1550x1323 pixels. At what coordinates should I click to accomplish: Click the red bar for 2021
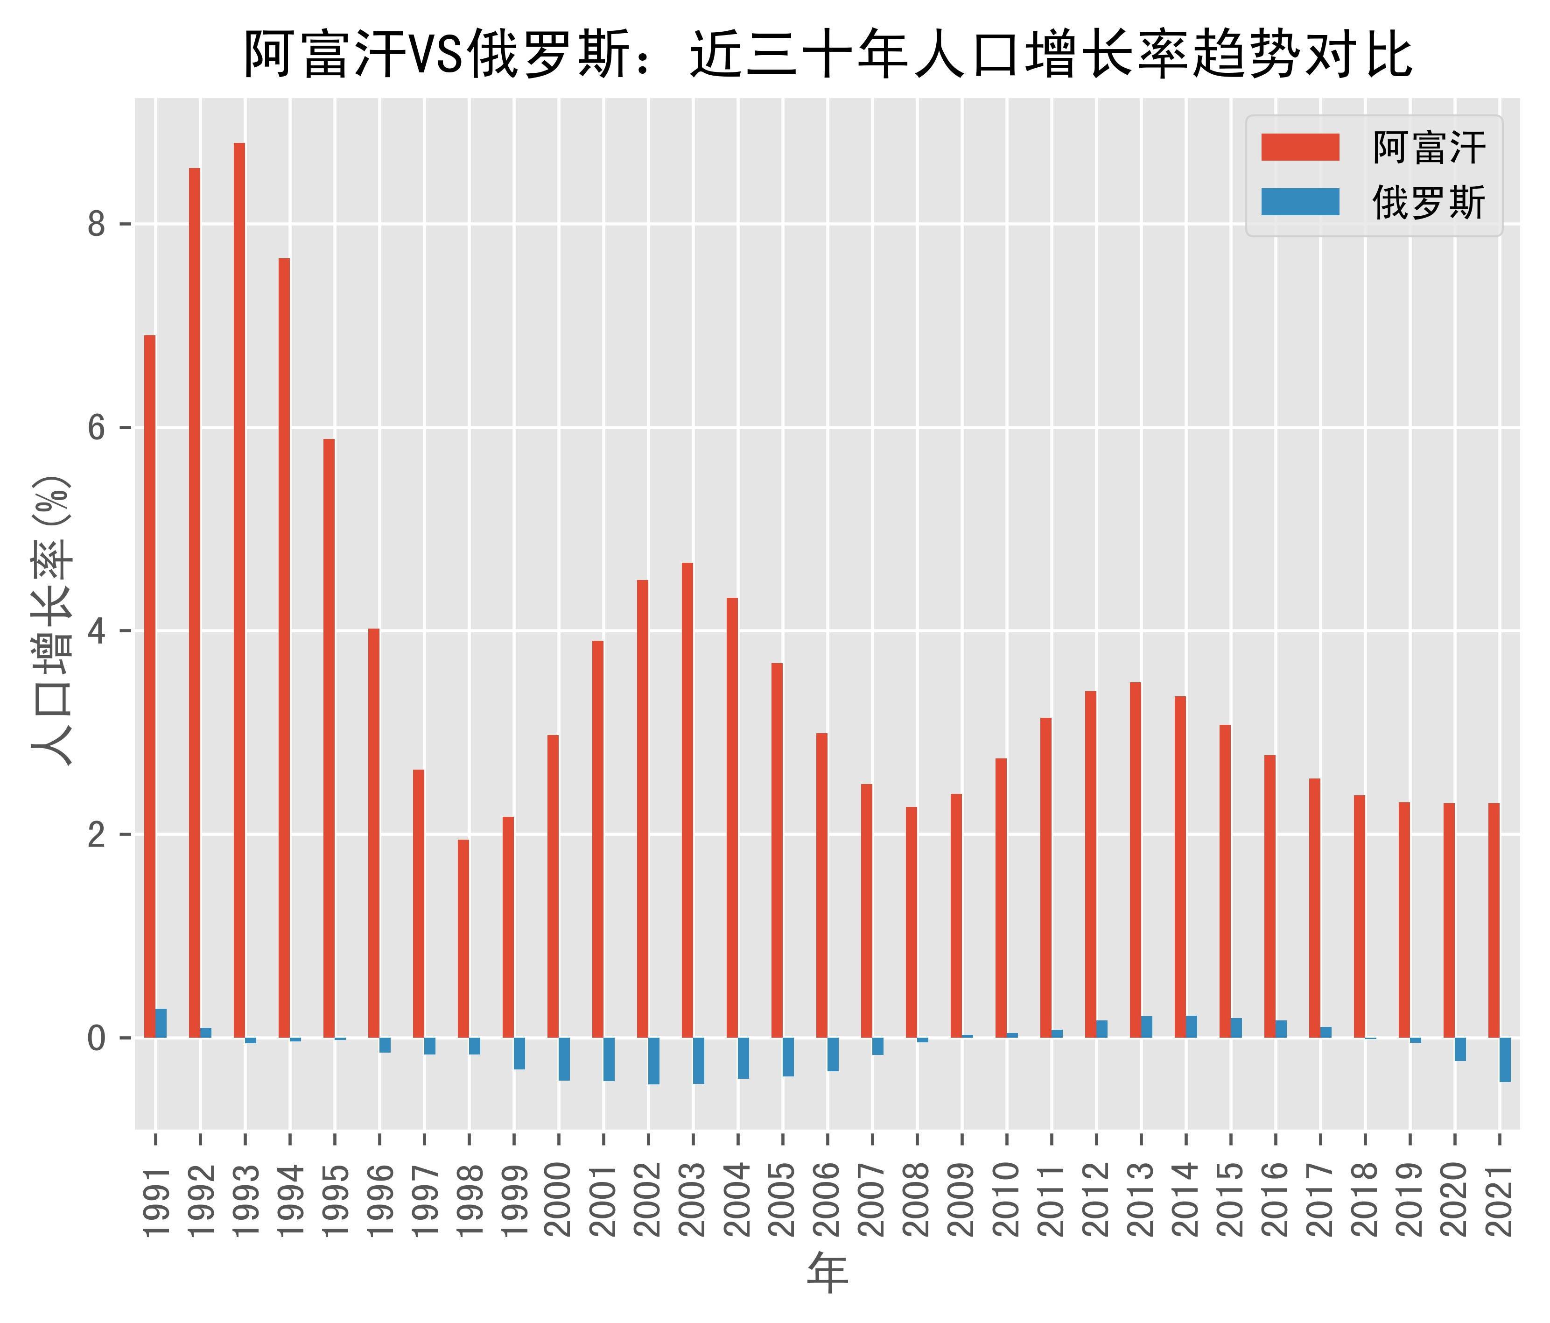tap(1494, 920)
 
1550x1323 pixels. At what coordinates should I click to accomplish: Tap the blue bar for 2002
tap(654, 1061)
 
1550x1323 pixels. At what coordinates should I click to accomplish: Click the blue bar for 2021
tap(1505, 1059)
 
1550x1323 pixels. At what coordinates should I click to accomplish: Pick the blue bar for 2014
tap(1192, 1026)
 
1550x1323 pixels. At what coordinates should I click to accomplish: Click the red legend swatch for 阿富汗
tap(1300, 148)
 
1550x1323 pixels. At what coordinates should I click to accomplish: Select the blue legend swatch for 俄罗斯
tap(1300, 202)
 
